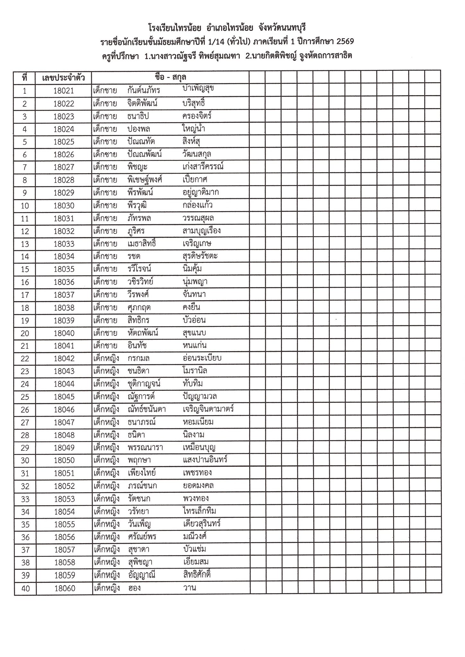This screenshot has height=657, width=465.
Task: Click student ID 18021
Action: [x=64, y=91]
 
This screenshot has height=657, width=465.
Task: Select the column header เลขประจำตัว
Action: [x=64, y=78]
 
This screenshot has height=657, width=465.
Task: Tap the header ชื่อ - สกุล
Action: [x=170, y=77]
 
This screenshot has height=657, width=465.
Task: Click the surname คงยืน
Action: [x=191, y=307]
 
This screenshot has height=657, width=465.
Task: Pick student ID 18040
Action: [x=64, y=333]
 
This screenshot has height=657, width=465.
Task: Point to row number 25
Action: [x=25, y=397]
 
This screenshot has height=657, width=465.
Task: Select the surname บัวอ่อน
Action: [x=194, y=320]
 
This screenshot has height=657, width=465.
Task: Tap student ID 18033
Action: [x=64, y=244]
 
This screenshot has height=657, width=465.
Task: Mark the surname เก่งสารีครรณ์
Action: [x=202, y=167]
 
